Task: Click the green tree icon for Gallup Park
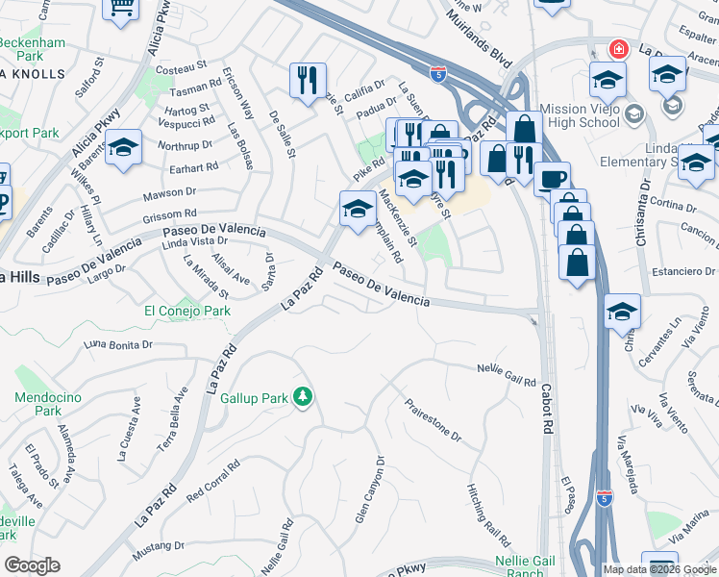tap(303, 396)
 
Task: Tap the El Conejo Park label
tap(187, 311)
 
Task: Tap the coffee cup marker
tap(552, 179)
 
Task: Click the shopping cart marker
tap(121, 9)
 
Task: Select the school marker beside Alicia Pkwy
tap(123, 148)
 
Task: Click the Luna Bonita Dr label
tap(118, 343)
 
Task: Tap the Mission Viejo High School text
tap(580, 115)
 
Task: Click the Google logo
tap(33, 564)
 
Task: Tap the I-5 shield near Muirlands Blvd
tap(438, 72)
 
